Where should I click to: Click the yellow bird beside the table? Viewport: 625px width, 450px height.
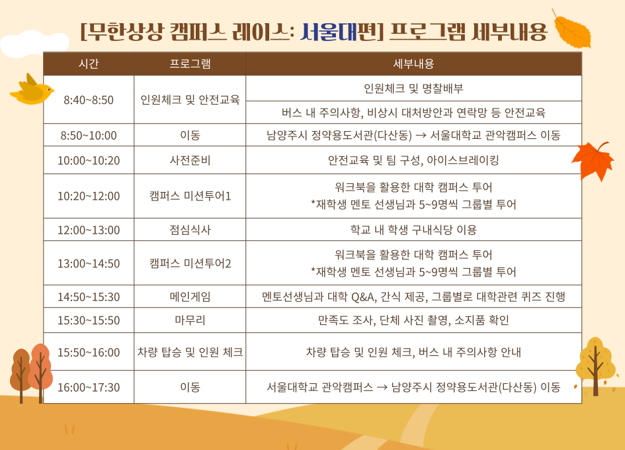32,90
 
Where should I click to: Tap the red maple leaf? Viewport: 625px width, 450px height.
593,160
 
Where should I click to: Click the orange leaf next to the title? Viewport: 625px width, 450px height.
571,28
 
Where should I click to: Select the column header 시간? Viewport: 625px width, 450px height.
89,64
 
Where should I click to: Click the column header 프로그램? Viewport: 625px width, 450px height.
190,64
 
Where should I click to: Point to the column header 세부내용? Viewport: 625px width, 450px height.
413,64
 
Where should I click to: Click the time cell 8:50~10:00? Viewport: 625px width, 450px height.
89,135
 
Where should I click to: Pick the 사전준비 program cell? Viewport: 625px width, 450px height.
190,160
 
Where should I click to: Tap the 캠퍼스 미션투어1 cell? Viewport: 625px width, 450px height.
190,196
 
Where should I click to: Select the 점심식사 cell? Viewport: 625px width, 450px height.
190,230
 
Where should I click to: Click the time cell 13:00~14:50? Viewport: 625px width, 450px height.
89,263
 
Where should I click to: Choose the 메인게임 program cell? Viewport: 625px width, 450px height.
190,297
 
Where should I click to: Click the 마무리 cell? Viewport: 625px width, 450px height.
190,320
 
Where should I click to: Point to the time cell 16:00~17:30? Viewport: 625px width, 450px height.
89,387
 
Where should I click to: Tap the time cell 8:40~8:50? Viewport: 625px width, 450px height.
89,100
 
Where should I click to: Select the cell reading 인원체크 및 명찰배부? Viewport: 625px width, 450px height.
413,88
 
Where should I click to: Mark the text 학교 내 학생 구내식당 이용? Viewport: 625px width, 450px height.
413,230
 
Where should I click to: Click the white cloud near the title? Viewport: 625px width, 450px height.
34,44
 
